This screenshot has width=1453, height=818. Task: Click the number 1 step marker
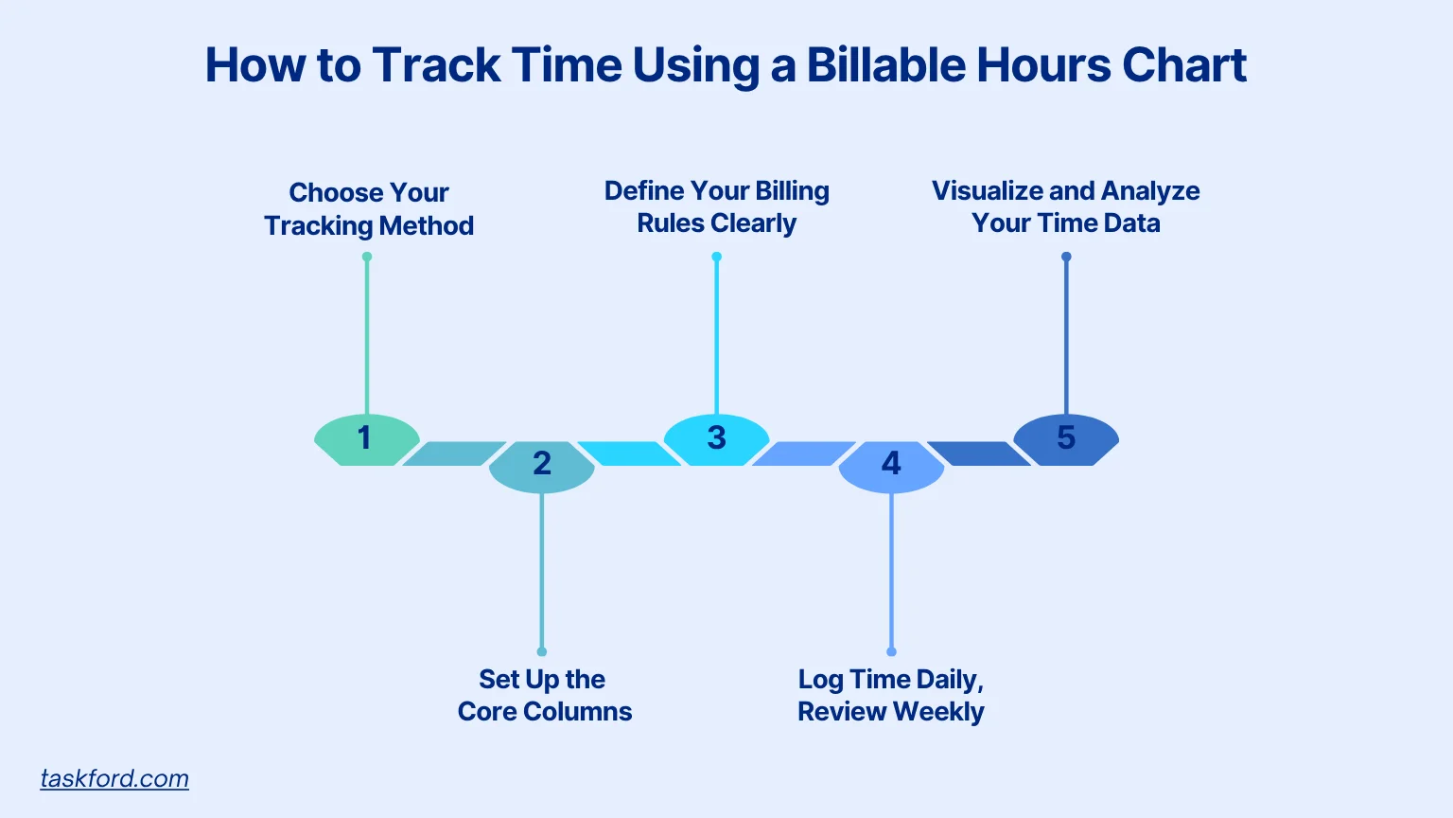tap(366, 438)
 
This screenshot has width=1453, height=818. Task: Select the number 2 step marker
tap(541, 465)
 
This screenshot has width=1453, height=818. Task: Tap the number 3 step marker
tap(716, 438)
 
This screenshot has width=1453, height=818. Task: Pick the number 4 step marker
tap(891, 465)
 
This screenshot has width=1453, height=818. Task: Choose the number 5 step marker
tap(1066, 438)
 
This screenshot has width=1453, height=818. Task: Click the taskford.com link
tap(114, 778)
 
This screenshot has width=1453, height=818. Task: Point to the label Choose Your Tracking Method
tap(369, 209)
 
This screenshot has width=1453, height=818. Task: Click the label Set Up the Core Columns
tap(544, 695)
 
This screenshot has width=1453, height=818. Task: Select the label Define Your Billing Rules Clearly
tap(716, 206)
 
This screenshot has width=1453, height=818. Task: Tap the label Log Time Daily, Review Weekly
tap(890, 695)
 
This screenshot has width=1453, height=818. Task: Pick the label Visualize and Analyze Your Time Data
tap(1065, 206)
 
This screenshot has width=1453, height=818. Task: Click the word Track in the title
tap(436, 65)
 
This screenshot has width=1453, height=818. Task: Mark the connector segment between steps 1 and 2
tap(453, 453)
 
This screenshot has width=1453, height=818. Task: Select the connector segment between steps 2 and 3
tap(629, 453)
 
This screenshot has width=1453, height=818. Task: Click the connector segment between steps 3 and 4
tap(803, 453)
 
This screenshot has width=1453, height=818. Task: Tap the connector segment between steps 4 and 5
tap(978, 453)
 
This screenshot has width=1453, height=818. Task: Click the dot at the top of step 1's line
tap(367, 257)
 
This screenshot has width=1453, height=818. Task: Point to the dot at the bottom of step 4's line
tap(891, 651)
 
